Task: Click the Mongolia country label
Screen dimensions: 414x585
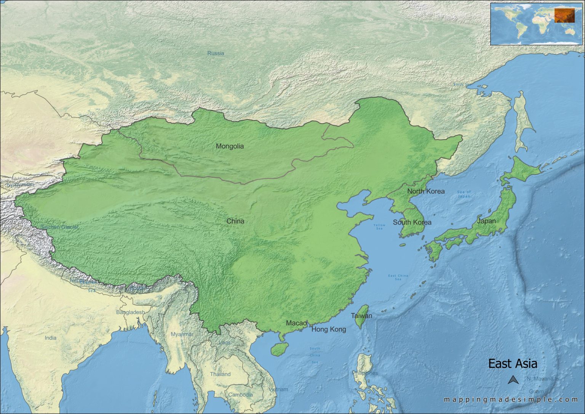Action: point(230,146)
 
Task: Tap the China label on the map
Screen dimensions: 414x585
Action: point(235,221)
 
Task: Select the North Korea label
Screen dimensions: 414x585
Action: point(426,191)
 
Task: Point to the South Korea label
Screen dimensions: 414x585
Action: point(412,222)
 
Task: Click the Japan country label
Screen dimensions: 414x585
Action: point(486,221)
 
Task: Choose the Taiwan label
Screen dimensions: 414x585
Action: point(361,316)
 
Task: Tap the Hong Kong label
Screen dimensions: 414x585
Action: point(329,329)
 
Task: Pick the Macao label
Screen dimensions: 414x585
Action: point(296,323)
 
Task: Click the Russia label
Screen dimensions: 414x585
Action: point(216,53)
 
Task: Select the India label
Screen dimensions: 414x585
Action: point(51,338)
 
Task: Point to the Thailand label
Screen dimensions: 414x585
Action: point(220,374)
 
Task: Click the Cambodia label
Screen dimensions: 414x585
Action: point(240,395)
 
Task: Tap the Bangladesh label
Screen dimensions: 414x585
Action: point(131,312)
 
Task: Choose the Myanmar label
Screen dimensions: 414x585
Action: point(182,334)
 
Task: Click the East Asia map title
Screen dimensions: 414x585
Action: point(513,364)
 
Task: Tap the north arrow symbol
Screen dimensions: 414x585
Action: point(513,380)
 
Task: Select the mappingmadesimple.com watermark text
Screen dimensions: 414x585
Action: point(511,400)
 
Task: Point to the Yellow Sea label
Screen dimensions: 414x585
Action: point(379,226)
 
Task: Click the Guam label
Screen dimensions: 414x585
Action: point(536,392)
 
